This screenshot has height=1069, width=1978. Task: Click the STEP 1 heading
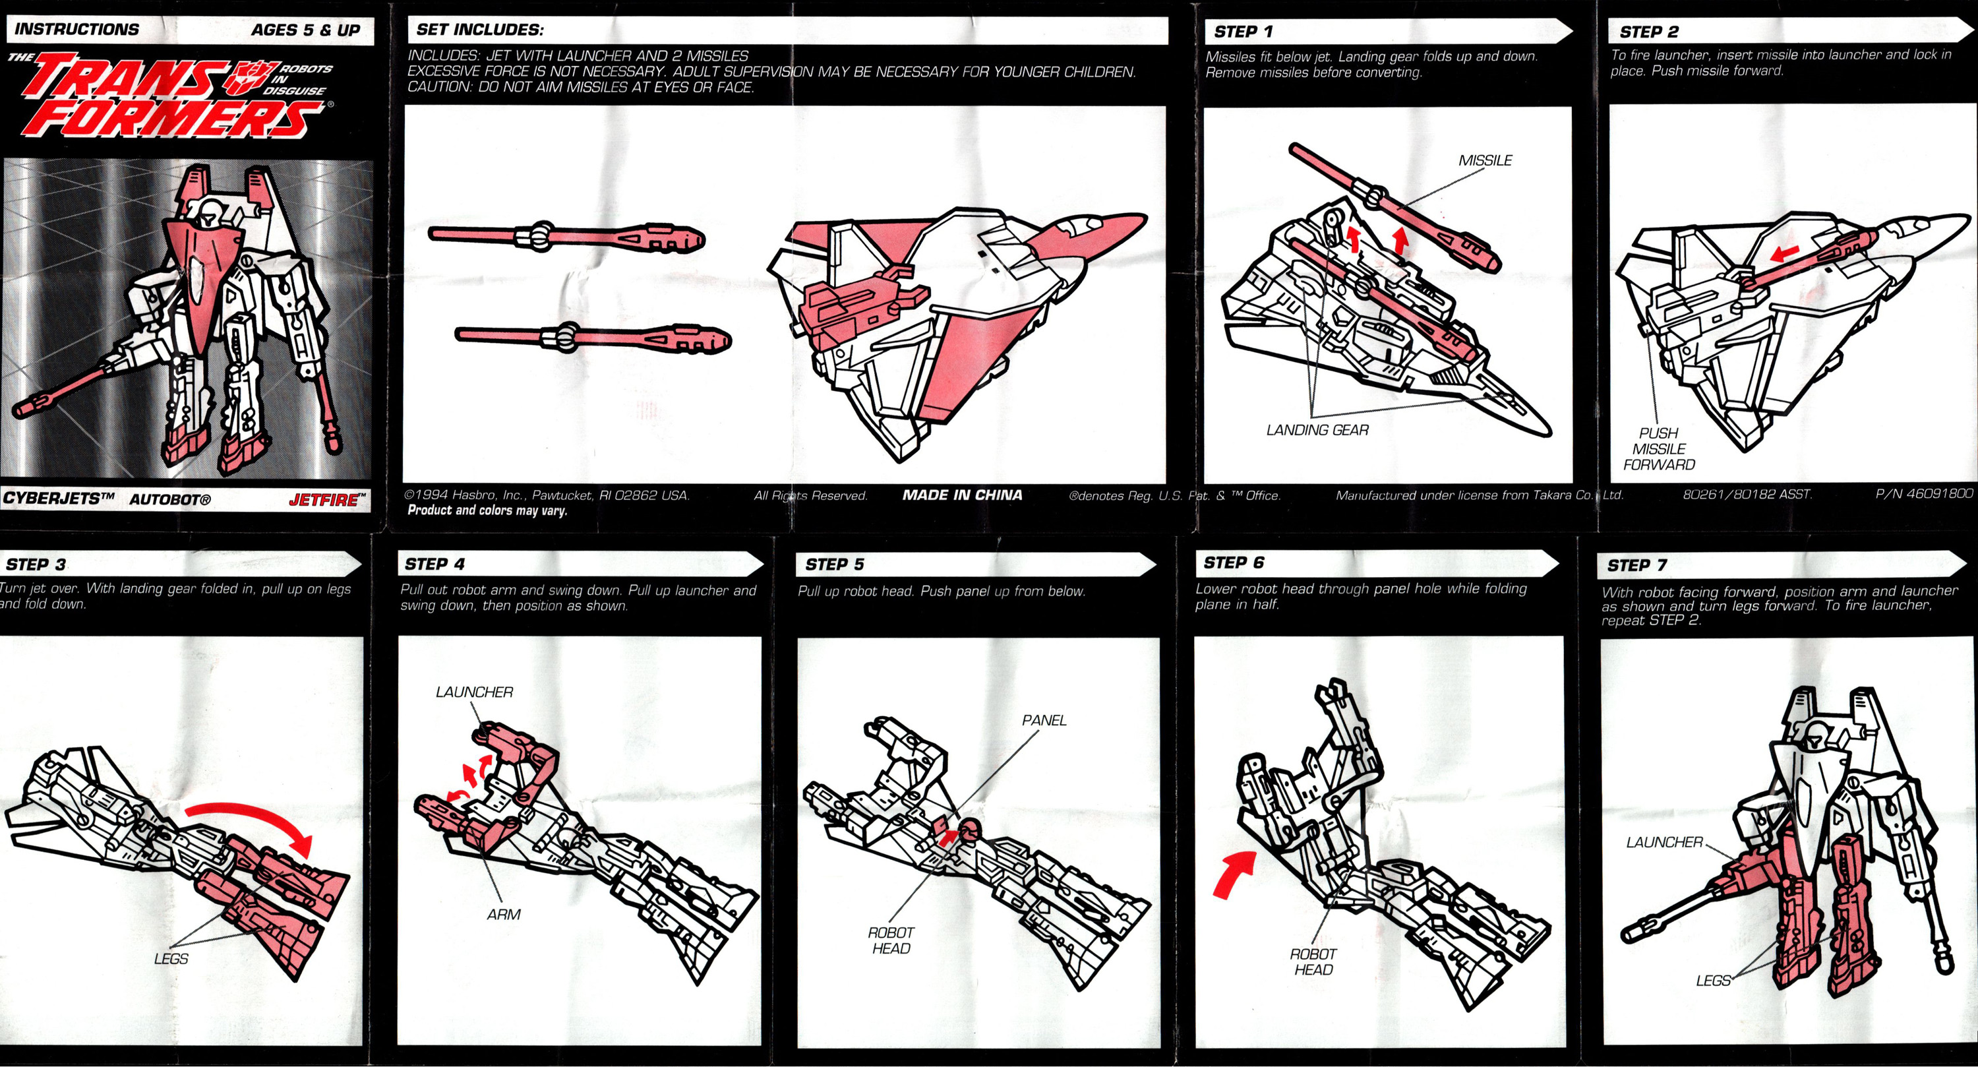pyautogui.click(x=1243, y=32)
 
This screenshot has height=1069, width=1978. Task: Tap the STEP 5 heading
pyautogui.click(x=835, y=565)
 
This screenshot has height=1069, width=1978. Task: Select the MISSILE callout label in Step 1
pyautogui.click(x=1485, y=160)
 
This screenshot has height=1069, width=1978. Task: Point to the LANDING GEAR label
pyautogui.click(x=1317, y=430)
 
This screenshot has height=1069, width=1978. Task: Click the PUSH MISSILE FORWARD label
pyautogui.click(x=1659, y=448)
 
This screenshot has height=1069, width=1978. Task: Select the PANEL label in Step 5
pyautogui.click(x=1044, y=720)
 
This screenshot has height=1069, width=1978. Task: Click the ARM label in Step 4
pyautogui.click(x=504, y=915)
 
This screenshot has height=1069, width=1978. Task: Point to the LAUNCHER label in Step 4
pyautogui.click(x=475, y=692)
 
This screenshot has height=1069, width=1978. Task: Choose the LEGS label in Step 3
pyautogui.click(x=171, y=958)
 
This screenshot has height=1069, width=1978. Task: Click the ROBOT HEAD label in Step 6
pyautogui.click(x=1313, y=962)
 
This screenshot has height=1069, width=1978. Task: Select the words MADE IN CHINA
pyautogui.click(x=962, y=495)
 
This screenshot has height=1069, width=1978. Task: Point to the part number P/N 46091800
pyautogui.click(x=1923, y=494)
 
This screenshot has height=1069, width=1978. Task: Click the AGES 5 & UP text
pyautogui.click(x=306, y=30)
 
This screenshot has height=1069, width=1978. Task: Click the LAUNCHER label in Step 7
pyautogui.click(x=1665, y=842)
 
